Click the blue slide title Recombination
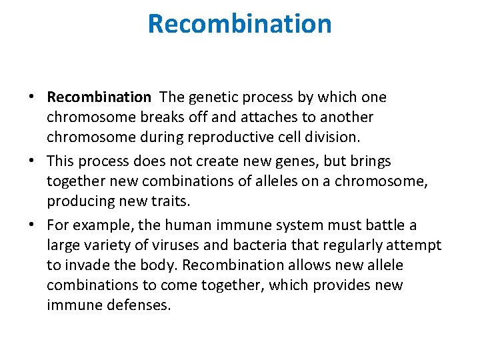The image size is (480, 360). coord(239,24)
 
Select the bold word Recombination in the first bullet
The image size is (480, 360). coord(99,97)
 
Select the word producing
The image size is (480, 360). coord(75,201)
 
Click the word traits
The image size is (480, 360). coord(168,201)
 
